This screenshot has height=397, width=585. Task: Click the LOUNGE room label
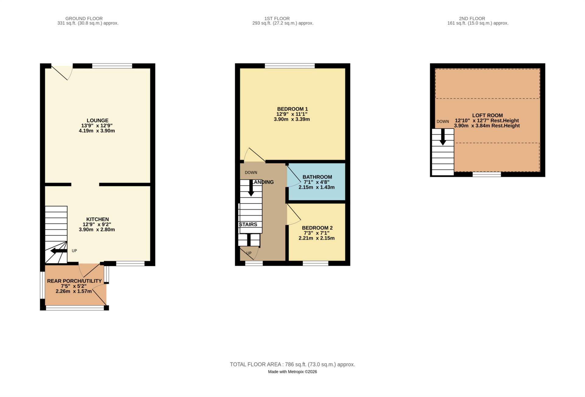[97, 120]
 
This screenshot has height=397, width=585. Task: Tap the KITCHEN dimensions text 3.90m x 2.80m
[97, 229]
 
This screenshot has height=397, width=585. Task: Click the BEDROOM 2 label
[317, 228]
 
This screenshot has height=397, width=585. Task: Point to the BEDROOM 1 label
[292, 109]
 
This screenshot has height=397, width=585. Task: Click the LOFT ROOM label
[487, 115]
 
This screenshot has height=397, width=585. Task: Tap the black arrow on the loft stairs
[443, 137]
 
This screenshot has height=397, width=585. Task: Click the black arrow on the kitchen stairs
[58, 251]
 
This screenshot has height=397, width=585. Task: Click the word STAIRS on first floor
[248, 224]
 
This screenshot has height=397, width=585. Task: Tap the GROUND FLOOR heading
[84, 18]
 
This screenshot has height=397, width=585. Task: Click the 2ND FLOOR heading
[472, 18]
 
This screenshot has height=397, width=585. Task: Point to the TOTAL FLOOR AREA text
[292, 364]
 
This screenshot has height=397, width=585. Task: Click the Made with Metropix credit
[292, 372]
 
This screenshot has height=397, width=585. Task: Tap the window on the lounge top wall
[112, 66]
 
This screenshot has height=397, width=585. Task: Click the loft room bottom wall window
[487, 174]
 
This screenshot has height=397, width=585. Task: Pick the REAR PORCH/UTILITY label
[74, 281]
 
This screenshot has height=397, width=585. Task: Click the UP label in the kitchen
[74, 251]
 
